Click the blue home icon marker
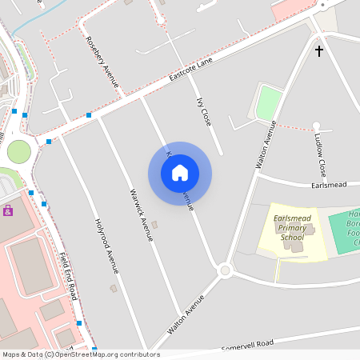[180, 173]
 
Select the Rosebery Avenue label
[102, 62]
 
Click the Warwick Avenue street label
[140, 215]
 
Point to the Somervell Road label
[248, 344]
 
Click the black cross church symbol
[319, 51]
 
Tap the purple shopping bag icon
[8, 210]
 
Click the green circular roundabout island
[18, 150]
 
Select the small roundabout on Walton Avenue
[225, 270]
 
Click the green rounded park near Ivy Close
[269, 103]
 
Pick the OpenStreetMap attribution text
[80, 354]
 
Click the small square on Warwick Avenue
[154, 225]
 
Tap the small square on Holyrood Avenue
[114, 288]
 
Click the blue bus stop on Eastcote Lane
[89, 115]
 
